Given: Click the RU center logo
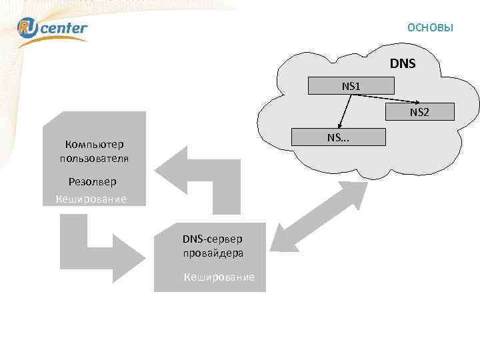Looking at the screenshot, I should pyautogui.click(x=52, y=28).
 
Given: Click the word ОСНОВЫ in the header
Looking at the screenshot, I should pyautogui.click(x=430, y=28).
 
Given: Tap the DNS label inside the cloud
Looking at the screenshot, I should pyautogui.click(x=403, y=64).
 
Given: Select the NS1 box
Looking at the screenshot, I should pyautogui.click(x=351, y=86).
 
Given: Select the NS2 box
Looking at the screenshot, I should pyautogui.click(x=419, y=112).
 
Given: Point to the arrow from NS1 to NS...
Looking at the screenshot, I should pyautogui.click(x=345, y=110).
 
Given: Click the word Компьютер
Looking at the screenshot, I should pyautogui.click(x=94, y=144).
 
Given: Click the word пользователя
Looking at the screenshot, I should pyautogui.click(x=94, y=159).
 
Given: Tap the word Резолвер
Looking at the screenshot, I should pyautogui.click(x=92, y=181).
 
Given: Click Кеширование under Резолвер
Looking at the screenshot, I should pyautogui.click(x=91, y=199).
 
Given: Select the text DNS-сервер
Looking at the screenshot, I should pyautogui.click(x=213, y=239).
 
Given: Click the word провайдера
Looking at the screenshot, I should pyautogui.click(x=213, y=253).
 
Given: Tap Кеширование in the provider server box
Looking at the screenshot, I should pyautogui.click(x=219, y=277).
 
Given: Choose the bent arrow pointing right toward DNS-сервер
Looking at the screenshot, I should pyautogui.click(x=100, y=247).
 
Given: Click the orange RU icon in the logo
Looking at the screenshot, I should pyautogui.click(x=29, y=27).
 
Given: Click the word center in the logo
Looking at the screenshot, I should pyautogui.click(x=65, y=28).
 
